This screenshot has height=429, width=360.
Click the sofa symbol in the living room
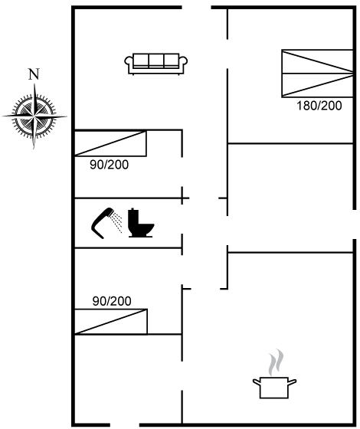click(x=156, y=64)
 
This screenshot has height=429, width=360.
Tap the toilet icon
click(x=141, y=223)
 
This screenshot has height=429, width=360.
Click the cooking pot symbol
click(x=274, y=388)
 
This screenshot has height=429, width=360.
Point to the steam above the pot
click(x=276, y=362)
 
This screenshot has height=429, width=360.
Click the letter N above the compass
click(x=34, y=74)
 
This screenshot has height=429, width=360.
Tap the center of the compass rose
click(x=34, y=116)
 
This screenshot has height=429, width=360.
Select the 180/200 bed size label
click(x=319, y=106)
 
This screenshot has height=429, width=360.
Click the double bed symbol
click(x=317, y=74)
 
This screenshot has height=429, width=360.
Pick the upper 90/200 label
click(x=109, y=165)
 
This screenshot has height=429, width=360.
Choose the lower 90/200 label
click(x=112, y=301)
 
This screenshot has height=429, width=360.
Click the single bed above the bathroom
click(x=110, y=143)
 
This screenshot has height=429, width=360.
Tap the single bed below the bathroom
click(x=111, y=322)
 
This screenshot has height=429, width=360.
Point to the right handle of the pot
click(x=293, y=382)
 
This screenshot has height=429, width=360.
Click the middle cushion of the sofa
click(x=156, y=61)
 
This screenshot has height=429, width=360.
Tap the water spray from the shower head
click(x=116, y=222)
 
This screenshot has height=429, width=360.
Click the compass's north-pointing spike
click(x=34, y=100)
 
